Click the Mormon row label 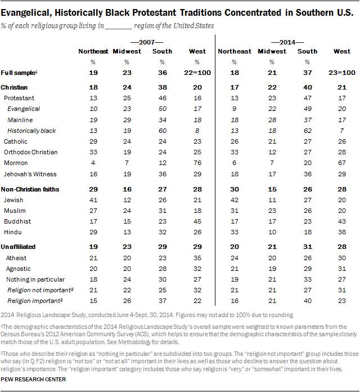(x=16, y=163)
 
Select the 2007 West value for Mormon (x=197, y=163)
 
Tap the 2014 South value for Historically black (x=307, y=131)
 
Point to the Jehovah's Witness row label (x=30, y=174)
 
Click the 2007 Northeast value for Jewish (x=93, y=200)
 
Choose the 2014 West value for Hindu (x=342, y=232)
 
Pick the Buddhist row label (x=17, y=221)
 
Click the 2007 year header (x=147, y=42)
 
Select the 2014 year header (x=287, y=42)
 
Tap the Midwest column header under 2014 (x=272, y=51)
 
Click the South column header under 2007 (x=162, y=51)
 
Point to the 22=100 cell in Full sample (x=197, y=73)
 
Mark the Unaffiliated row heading (x=18, y=247)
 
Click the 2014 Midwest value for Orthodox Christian (x=272, y=152)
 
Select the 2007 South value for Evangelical (x=162, y=109)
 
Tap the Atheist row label (x=16, y=258)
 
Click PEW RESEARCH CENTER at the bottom (x=33, y=379)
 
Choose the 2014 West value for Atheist (x=342, y=258)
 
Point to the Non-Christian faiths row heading (x=30, y=189)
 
